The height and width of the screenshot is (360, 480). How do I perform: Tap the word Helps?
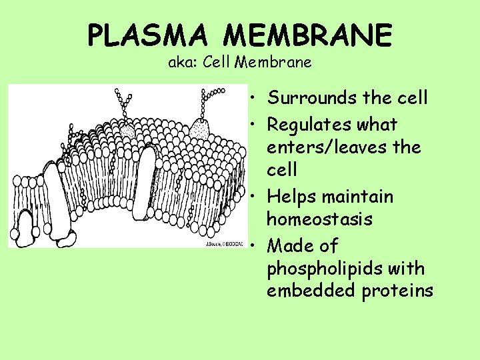[291, 197]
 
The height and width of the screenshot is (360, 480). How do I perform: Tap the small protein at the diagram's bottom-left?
[25, 230]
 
